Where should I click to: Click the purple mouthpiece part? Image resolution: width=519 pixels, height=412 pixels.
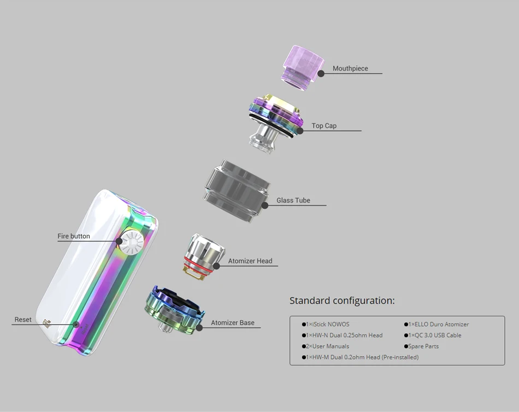click(x=302, y=68)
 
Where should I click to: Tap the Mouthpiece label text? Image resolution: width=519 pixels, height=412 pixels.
click(x=350, y=68)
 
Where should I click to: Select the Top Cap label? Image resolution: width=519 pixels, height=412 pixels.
click(x=324, y=126)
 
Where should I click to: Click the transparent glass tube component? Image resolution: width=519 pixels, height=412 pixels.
click(x=237, y=191)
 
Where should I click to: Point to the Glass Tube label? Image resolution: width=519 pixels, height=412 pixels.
click(x=293, y=201)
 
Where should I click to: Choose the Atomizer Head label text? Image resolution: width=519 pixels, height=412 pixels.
click(x=250, y=261)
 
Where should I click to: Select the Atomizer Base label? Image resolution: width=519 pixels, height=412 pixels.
click(x=233, y=322)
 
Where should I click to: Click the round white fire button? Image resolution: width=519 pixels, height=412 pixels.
click(x=131, y=243)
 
